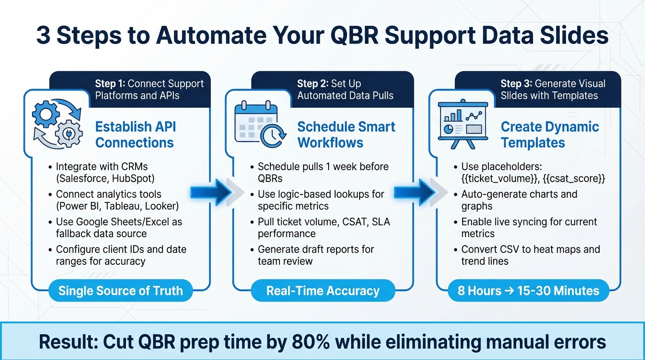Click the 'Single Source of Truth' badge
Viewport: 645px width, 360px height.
[x=120, y=291]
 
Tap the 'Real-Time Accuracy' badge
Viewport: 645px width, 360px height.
[x=322, y=291]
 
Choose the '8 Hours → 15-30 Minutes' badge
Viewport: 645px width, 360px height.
[x=528, y=291]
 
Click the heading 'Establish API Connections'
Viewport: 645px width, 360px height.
[x=135, y=135]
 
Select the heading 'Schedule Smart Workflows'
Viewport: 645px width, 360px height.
[x=346, y=135]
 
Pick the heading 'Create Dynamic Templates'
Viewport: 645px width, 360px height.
[x=549, y=135]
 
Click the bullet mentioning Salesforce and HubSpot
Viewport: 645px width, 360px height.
[x=105, y=172]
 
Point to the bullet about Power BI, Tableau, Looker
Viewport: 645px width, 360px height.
[x=117, y=200]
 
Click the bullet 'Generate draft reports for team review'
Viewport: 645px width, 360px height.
[x=315, y=255]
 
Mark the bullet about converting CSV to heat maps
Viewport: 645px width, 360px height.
[x=530, y=255]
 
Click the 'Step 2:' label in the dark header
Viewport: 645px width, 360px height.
[x=313, y=84]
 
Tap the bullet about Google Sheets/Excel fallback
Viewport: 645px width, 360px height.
[x=119, y=227]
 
